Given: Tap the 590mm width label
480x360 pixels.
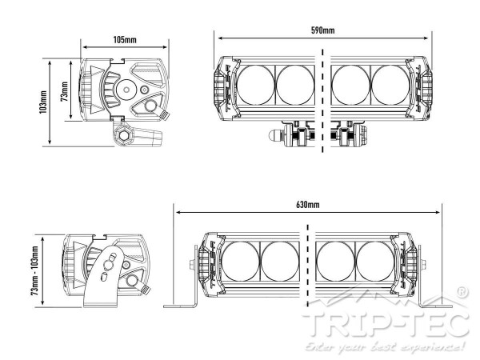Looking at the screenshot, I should click(322, 30).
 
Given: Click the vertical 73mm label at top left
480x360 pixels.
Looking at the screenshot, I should click(65, 88).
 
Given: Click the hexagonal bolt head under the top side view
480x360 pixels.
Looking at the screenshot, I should click(125, 134).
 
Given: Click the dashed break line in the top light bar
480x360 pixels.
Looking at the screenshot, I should click(323, 96).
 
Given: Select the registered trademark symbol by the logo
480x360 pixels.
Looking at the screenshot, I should click(463, 294).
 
